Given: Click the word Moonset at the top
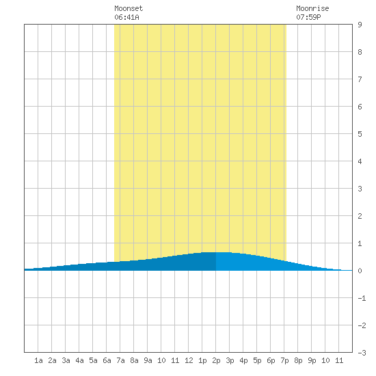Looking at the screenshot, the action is [x=129, y=8].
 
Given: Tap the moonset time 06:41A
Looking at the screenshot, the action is [x=126, y=17].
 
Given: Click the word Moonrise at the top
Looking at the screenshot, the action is [x=312, y=8].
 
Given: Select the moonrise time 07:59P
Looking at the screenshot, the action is [x=308, y=17].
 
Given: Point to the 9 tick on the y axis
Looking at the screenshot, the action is [x=360, y=25].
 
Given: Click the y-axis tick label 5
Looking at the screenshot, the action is [x=360, y=134].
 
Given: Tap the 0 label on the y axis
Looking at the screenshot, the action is [x=360, y=271].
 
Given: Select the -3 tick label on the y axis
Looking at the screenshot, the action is [x=362, y=353].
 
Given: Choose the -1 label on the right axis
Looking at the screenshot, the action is [x=362, y=298].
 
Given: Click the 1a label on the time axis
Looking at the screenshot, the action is [x=38, y=360].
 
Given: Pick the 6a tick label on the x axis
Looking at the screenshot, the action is [x=107, y=360].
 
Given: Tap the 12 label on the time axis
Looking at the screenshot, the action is [x=189, y=360].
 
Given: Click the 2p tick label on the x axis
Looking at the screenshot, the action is [x=216, y=360].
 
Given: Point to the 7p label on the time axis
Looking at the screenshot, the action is [x=284, y=360].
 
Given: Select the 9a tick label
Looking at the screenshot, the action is [x=148, y=360].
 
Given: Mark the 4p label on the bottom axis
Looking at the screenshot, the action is [x=243, y=360].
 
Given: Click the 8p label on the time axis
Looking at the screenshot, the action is [x=298, y=360].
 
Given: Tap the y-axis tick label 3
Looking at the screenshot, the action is [x=360, y=189].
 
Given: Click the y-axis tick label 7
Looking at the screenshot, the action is [x=360, y=79].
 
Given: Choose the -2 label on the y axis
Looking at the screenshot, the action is [x=362, y=325].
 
